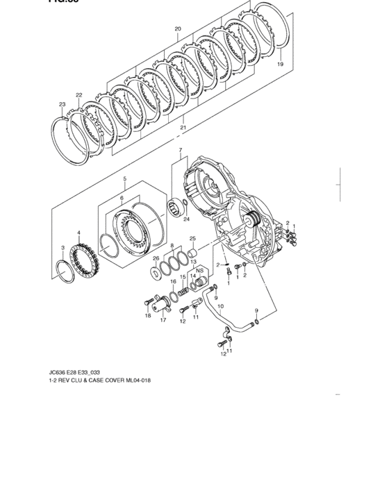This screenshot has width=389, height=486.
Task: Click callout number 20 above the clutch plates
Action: click(178, 29)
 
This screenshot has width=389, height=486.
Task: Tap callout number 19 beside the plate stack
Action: click(280, 64)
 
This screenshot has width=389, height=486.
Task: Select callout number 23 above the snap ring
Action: click(63, 105)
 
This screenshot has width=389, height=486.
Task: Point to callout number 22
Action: click(79, 94)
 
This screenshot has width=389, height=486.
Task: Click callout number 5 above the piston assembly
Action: click(124, 178)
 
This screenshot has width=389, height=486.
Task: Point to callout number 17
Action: click(163, 321)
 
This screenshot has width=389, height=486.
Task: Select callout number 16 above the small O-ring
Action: click(173, 282)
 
